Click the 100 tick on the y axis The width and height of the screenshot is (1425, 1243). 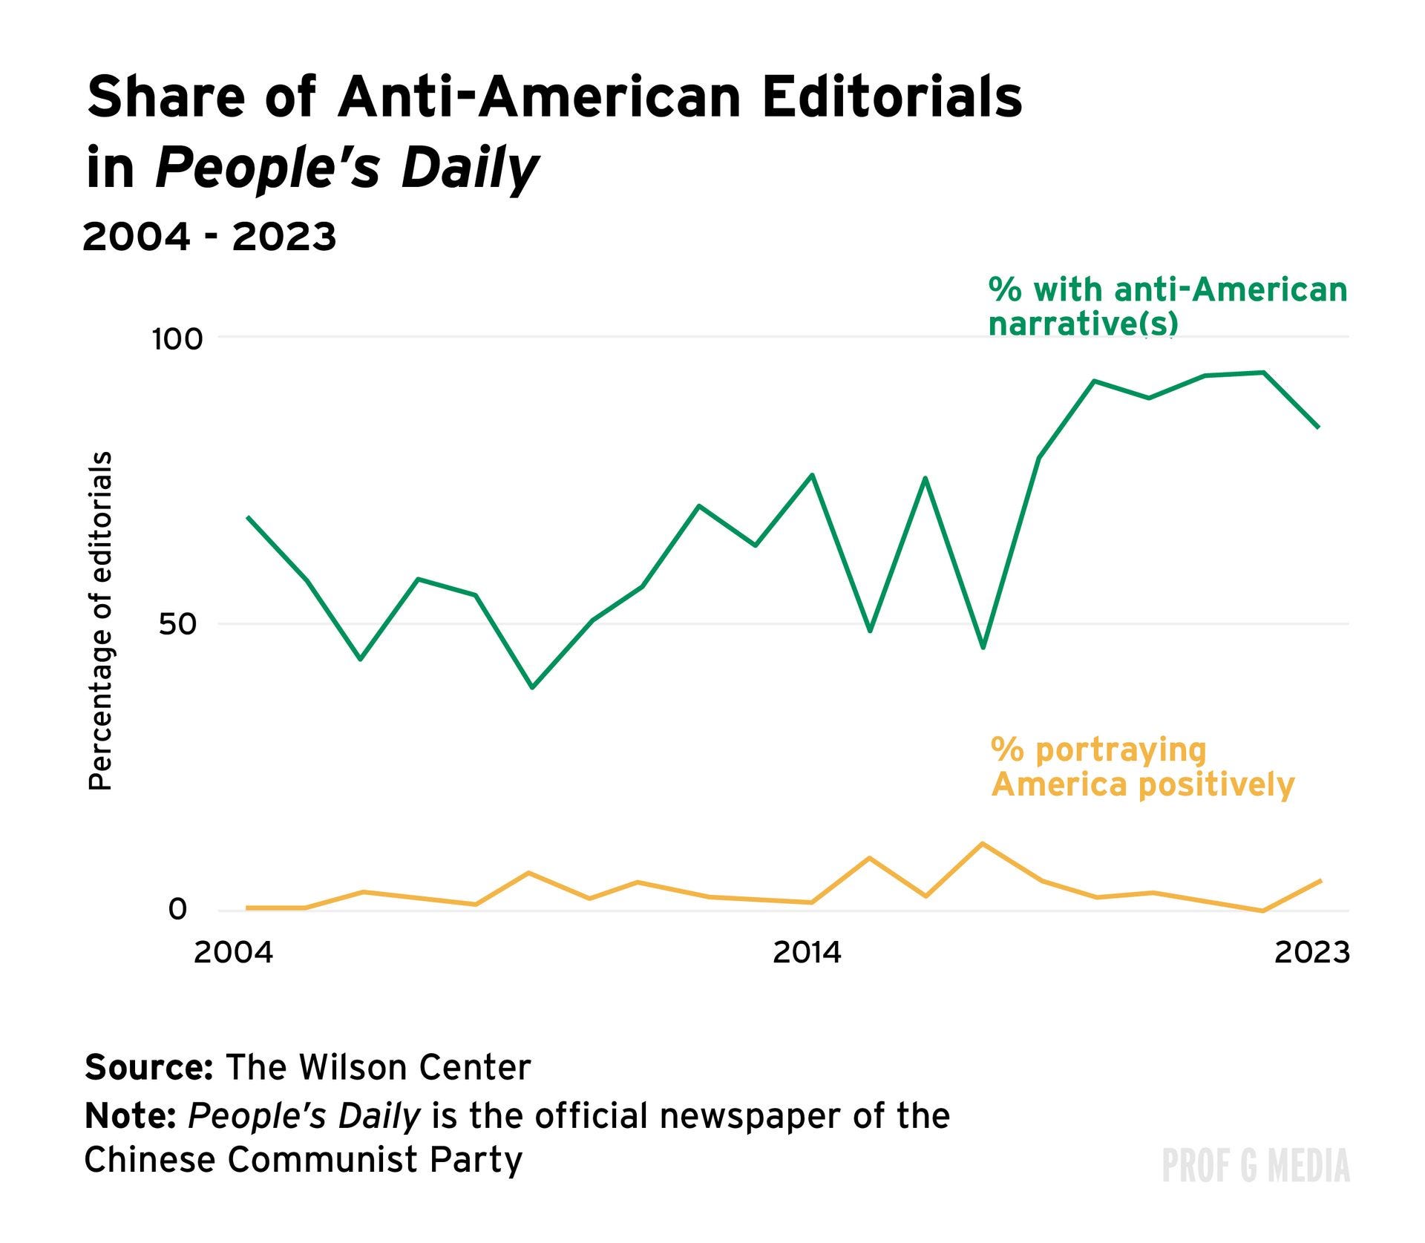177,340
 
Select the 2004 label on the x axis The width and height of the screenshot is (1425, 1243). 233,952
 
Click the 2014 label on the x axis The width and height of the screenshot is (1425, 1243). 807,952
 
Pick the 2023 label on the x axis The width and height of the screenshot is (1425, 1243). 1311,952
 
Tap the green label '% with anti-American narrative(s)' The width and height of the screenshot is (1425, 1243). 1167,306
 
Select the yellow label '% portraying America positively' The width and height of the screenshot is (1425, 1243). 1141,767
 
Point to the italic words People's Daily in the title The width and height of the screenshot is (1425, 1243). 346,168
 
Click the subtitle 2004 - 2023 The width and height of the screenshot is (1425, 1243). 209,237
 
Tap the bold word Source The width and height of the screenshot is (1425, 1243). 148,1067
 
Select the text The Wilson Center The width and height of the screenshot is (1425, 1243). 379,1067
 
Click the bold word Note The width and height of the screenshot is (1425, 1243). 130,1115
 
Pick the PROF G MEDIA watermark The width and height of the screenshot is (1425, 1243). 1255,1165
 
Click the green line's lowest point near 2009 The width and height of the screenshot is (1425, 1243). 531,688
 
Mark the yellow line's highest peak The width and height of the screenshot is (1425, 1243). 983,843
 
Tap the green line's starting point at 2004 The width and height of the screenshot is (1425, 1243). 247,516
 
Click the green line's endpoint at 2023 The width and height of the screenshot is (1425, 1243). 1319,427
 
